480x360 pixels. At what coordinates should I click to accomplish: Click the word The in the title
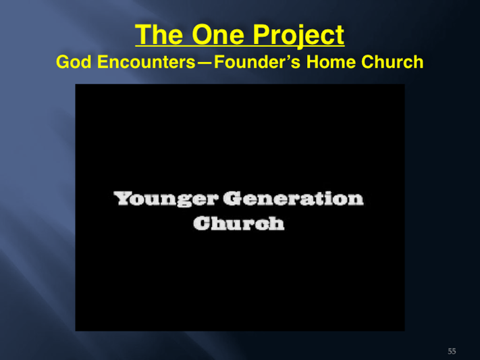pyautogui.click(x=159, y=34)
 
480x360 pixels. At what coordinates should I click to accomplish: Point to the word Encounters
pyautogui.click(x=146, y=61)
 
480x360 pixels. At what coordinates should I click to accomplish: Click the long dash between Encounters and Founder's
pyautogui.click(x=205, y=63)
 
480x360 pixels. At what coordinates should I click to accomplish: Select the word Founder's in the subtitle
pyautogui.click(x=257, y=61)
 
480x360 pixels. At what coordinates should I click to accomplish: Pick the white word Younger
pyautogui.click(x=165, y=199)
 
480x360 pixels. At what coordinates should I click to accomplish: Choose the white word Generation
pyautogui.click(x=293, y=199)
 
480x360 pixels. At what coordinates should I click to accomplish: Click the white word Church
pyautogui.click(x=239, y=223)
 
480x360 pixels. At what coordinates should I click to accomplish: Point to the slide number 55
pyautogui.click(x=452, y=351)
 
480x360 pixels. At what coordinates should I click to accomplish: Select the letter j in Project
pyautogui.click(x=299, y=36)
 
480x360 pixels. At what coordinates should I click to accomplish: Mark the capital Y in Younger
pyautogui.click(x=123, y=198)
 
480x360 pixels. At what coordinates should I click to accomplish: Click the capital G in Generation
pyautogui.click(x=232, y=199)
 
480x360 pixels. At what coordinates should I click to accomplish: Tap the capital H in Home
pyautogui.click(x=313, y=61)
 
